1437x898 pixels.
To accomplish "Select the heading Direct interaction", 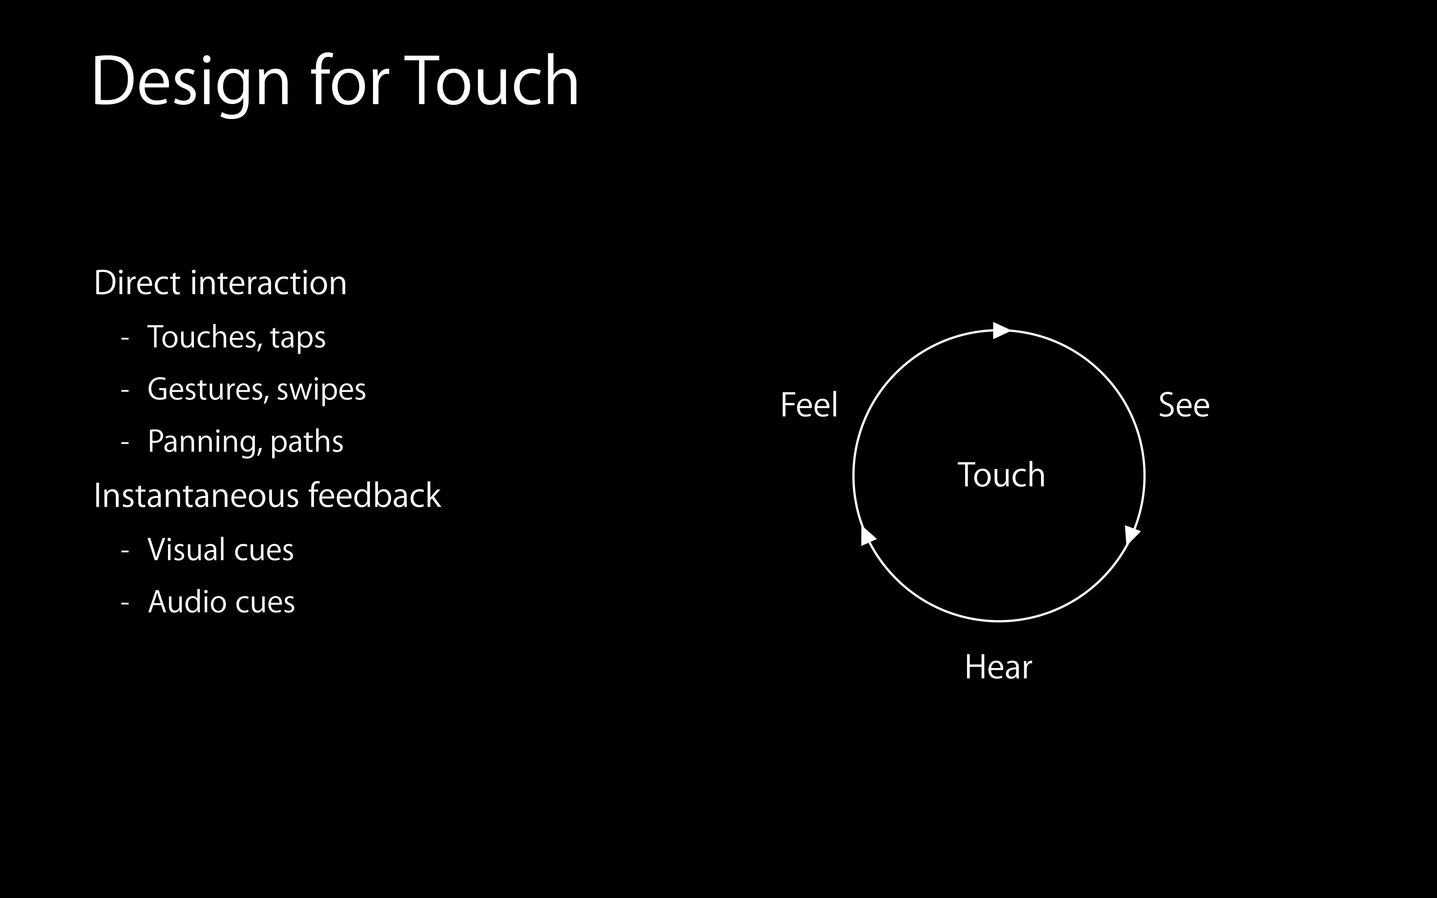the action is coord(220,283).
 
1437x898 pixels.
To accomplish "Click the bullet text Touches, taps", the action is coord(237,337).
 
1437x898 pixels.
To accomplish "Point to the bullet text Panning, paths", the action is coord(245,442).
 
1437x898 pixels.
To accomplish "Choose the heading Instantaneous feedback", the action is coord(267,495).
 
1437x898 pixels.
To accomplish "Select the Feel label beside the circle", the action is coord(809,405).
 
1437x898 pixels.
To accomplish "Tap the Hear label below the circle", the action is coord(998,667).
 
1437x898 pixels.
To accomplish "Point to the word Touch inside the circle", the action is coord(1001,475).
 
